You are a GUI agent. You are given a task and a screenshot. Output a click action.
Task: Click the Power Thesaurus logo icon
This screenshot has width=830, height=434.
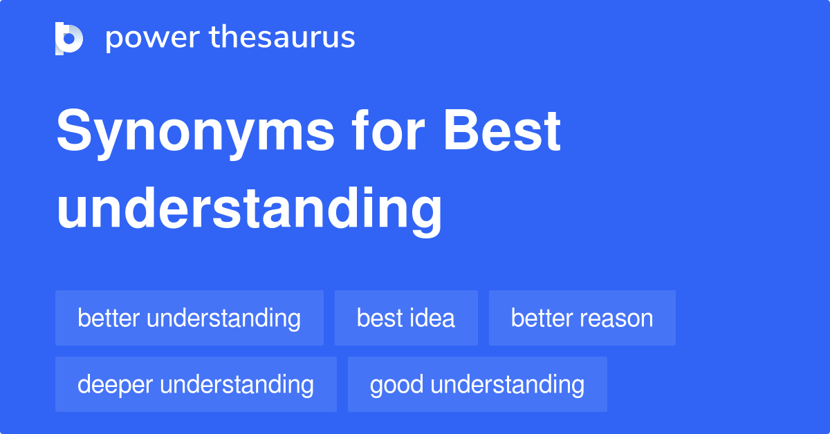coord(69,38)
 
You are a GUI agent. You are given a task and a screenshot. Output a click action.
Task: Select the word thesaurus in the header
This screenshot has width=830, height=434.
coord(283,38)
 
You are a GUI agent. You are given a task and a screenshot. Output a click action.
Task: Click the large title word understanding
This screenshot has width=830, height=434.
coord(249,209)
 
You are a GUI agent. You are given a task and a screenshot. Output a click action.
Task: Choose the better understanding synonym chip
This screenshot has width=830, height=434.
coord(190,318)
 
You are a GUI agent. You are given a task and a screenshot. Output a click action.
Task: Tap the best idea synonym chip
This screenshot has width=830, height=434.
coord(406,318)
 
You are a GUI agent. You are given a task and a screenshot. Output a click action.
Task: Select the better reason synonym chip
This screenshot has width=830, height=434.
coord(582,318)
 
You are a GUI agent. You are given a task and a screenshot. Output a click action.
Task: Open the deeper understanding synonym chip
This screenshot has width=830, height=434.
coord(196,384)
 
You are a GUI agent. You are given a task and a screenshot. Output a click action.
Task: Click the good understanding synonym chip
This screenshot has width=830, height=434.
coord(477,384)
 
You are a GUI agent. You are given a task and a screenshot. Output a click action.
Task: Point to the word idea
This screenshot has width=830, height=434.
coord(434,318)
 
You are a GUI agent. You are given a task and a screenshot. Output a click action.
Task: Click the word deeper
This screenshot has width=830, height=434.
coord(113,385)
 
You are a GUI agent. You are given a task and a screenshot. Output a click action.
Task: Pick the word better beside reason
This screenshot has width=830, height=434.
coord(543,318)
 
